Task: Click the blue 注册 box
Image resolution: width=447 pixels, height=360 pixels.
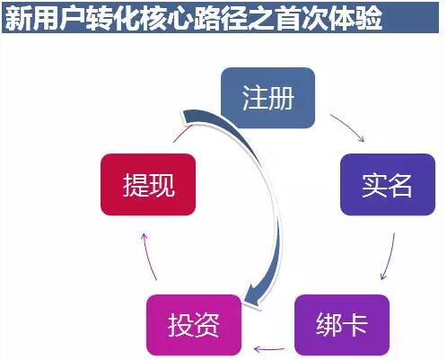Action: click(267, 98)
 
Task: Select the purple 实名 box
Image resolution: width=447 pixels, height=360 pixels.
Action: click(388, 185)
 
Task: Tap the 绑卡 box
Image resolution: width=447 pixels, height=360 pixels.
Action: click(342, 325)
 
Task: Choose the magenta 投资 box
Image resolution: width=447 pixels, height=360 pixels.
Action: click(194, 325)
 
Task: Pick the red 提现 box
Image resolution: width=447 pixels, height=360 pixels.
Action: click(148, 185)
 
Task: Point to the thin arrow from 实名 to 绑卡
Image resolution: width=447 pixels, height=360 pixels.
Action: click(390, 257)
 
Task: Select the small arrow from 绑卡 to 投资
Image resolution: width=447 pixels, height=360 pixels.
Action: click(268, 348)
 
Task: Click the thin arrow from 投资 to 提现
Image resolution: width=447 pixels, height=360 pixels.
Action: click(148, 257)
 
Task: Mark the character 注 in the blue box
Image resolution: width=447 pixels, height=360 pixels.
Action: click(254, 98)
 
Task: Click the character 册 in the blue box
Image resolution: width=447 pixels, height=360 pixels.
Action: click(281, 98)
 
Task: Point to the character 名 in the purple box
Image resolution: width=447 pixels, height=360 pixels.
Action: click(400, 185)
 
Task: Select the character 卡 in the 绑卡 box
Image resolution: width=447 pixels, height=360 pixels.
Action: click(355, 325)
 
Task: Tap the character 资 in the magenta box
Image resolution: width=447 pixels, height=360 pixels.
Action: click(207, 325)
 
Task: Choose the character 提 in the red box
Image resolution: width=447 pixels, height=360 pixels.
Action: click(135, 185)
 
